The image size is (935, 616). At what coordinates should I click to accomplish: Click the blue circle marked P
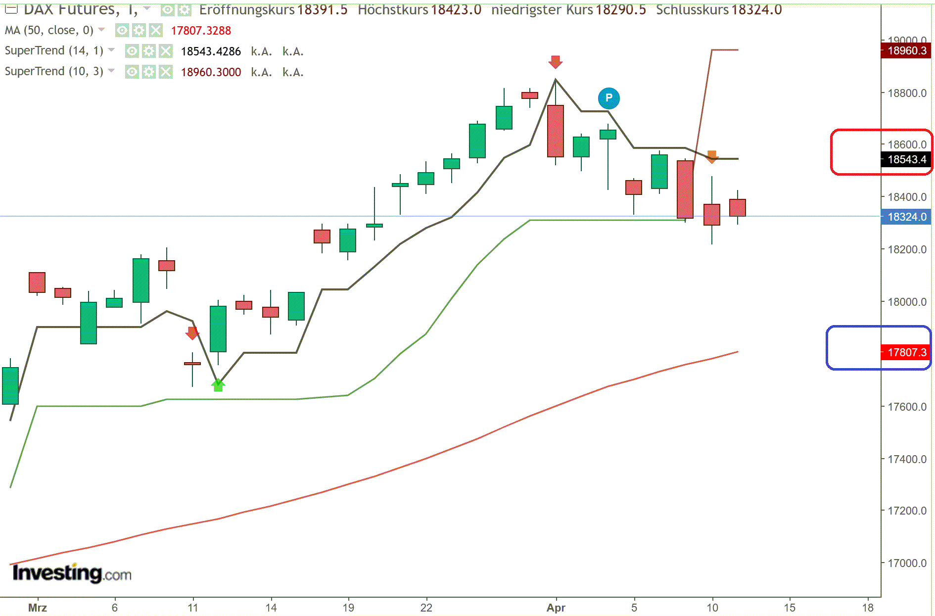pos(608,98)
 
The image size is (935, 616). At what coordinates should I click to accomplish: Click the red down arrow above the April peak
pos(556,62)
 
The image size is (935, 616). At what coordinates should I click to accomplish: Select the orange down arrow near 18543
pos(712,156)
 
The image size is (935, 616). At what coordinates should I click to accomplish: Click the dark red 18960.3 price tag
pos(906,50)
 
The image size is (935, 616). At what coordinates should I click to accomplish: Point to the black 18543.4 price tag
pos(906,159)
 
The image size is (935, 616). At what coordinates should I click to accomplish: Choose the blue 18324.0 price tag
pos(906,217)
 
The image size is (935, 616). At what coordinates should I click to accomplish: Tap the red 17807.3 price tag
pos(906,352)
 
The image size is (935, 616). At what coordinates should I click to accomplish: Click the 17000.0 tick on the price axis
pos(907,563)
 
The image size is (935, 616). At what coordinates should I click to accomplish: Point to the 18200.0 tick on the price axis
pos(907,249)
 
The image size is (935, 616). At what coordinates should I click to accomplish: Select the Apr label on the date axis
pos(556,608)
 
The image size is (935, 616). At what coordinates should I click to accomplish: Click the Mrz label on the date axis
pos(38,608)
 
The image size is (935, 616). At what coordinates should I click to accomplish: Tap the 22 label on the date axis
pos(426,608)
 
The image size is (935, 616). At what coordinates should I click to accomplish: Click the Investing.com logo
pos(72,573)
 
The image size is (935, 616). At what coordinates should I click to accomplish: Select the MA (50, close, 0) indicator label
pos(49,31)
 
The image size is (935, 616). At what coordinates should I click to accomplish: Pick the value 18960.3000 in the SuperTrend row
pos(211,72)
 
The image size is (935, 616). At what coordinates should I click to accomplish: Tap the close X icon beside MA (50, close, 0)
pos(156,31)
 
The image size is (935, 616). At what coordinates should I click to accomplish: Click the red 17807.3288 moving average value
pos(201,31)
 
